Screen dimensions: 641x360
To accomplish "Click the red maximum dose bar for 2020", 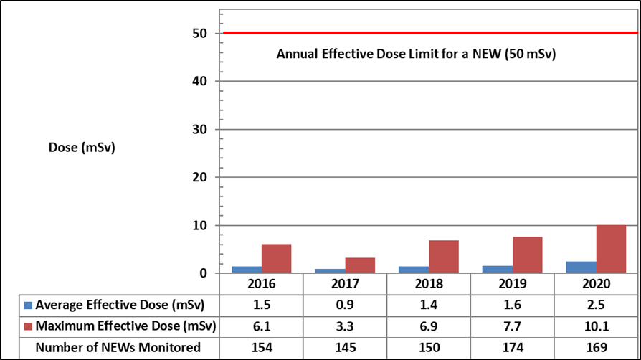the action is coord(611,249).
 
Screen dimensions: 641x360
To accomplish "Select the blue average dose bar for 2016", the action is coord(247,270).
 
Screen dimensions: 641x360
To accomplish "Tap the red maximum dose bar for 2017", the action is coord(360,265).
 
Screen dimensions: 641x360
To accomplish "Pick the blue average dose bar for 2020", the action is coord(581,267).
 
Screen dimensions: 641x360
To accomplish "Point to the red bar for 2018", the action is coord(444,257).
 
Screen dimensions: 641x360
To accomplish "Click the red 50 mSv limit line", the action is coord(430,33).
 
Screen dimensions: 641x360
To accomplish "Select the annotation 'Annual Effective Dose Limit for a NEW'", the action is coord(389,54).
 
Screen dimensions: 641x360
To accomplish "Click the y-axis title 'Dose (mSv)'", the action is coord(82,147).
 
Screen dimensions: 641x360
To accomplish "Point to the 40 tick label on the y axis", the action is coord(200,81).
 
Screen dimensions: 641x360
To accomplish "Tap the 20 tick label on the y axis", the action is coord(200,177).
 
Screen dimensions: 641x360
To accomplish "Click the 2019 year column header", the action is coord(513,283).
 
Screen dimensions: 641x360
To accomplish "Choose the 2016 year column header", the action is coord(262,283).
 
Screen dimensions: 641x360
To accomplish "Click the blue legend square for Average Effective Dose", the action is coord(28,305).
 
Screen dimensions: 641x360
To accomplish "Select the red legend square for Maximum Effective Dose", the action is coord(28,326).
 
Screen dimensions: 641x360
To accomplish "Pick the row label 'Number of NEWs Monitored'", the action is coord(118,347).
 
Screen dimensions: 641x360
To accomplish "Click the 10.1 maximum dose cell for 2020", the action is coord(597,326).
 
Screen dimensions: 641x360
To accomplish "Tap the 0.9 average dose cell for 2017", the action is coord(345,305).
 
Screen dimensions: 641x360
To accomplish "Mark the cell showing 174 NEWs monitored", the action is coord(513,347).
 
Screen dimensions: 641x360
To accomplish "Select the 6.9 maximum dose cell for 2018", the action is coord(429,326).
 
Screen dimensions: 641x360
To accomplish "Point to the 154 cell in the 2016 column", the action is coord(262,347).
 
